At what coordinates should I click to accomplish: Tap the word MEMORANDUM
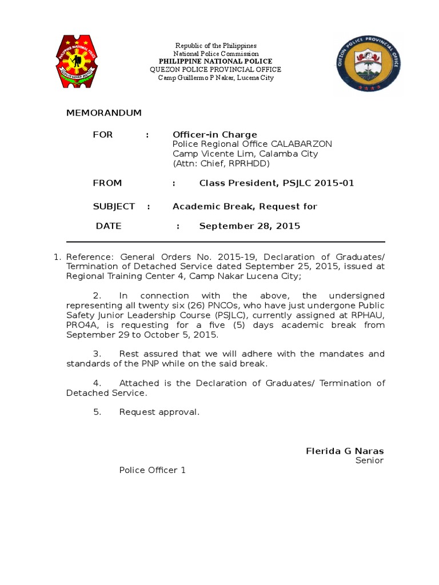pyautogui.click(x=103, y=113)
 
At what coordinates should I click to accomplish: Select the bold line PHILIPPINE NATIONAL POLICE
pyautogui.click(x=215, y=61)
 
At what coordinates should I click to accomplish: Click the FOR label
pyautogui.click(x=103, y=135)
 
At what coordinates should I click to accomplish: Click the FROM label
pyautogui.click(x=107, y=183)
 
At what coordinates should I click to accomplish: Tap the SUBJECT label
pyautogui.click(x=114, y=206)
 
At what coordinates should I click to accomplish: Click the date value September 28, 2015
pyautogui.click(x=249, y=226)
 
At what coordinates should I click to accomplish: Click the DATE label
pyautogui.click(x=109, y=226)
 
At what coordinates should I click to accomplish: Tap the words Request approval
pyautogui.click(x=159, y=412)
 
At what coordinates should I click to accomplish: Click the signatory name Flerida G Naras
pyautogui.click(x=345, y=451)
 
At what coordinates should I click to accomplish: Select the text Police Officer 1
pyautogui.click(x=152, y=470)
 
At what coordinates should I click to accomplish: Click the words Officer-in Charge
pyautogui.click(x=215, y=135)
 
